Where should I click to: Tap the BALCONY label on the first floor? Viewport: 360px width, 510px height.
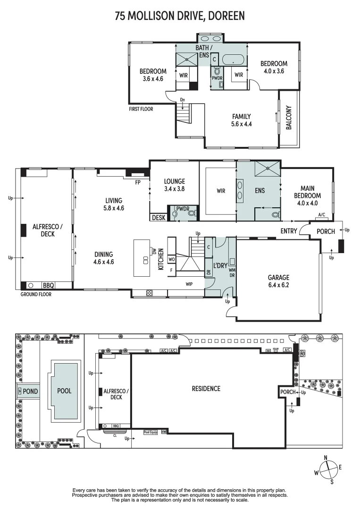click(289, 118)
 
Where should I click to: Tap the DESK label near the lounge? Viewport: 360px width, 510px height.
click(159, 218)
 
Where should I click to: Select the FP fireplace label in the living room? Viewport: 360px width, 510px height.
click(138, 182)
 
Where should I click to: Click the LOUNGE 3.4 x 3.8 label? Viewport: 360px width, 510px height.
click(174, 185)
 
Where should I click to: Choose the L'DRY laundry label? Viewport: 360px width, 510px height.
click(220, 266)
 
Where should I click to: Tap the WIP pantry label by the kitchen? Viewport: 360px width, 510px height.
click(189, 284)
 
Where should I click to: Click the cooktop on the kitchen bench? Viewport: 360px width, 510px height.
click(149, 293)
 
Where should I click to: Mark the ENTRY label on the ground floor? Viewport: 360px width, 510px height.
click(289, 231)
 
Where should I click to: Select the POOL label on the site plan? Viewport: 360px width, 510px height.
click(64, 391)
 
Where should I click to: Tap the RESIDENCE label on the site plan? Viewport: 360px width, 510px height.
click(206, 389)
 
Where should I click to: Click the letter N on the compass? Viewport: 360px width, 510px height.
click(326, 458)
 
